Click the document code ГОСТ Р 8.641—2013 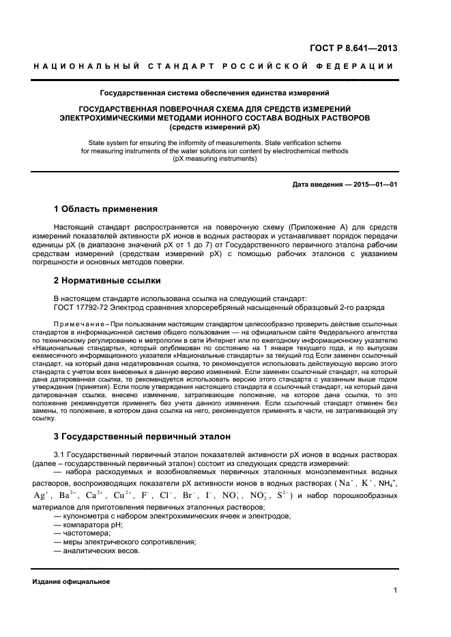pyautogui.click(x=355, y=48)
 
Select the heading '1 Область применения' pyautogui.click(x=106, y=208)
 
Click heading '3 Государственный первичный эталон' pyautogui.click(x=142, y=435)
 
